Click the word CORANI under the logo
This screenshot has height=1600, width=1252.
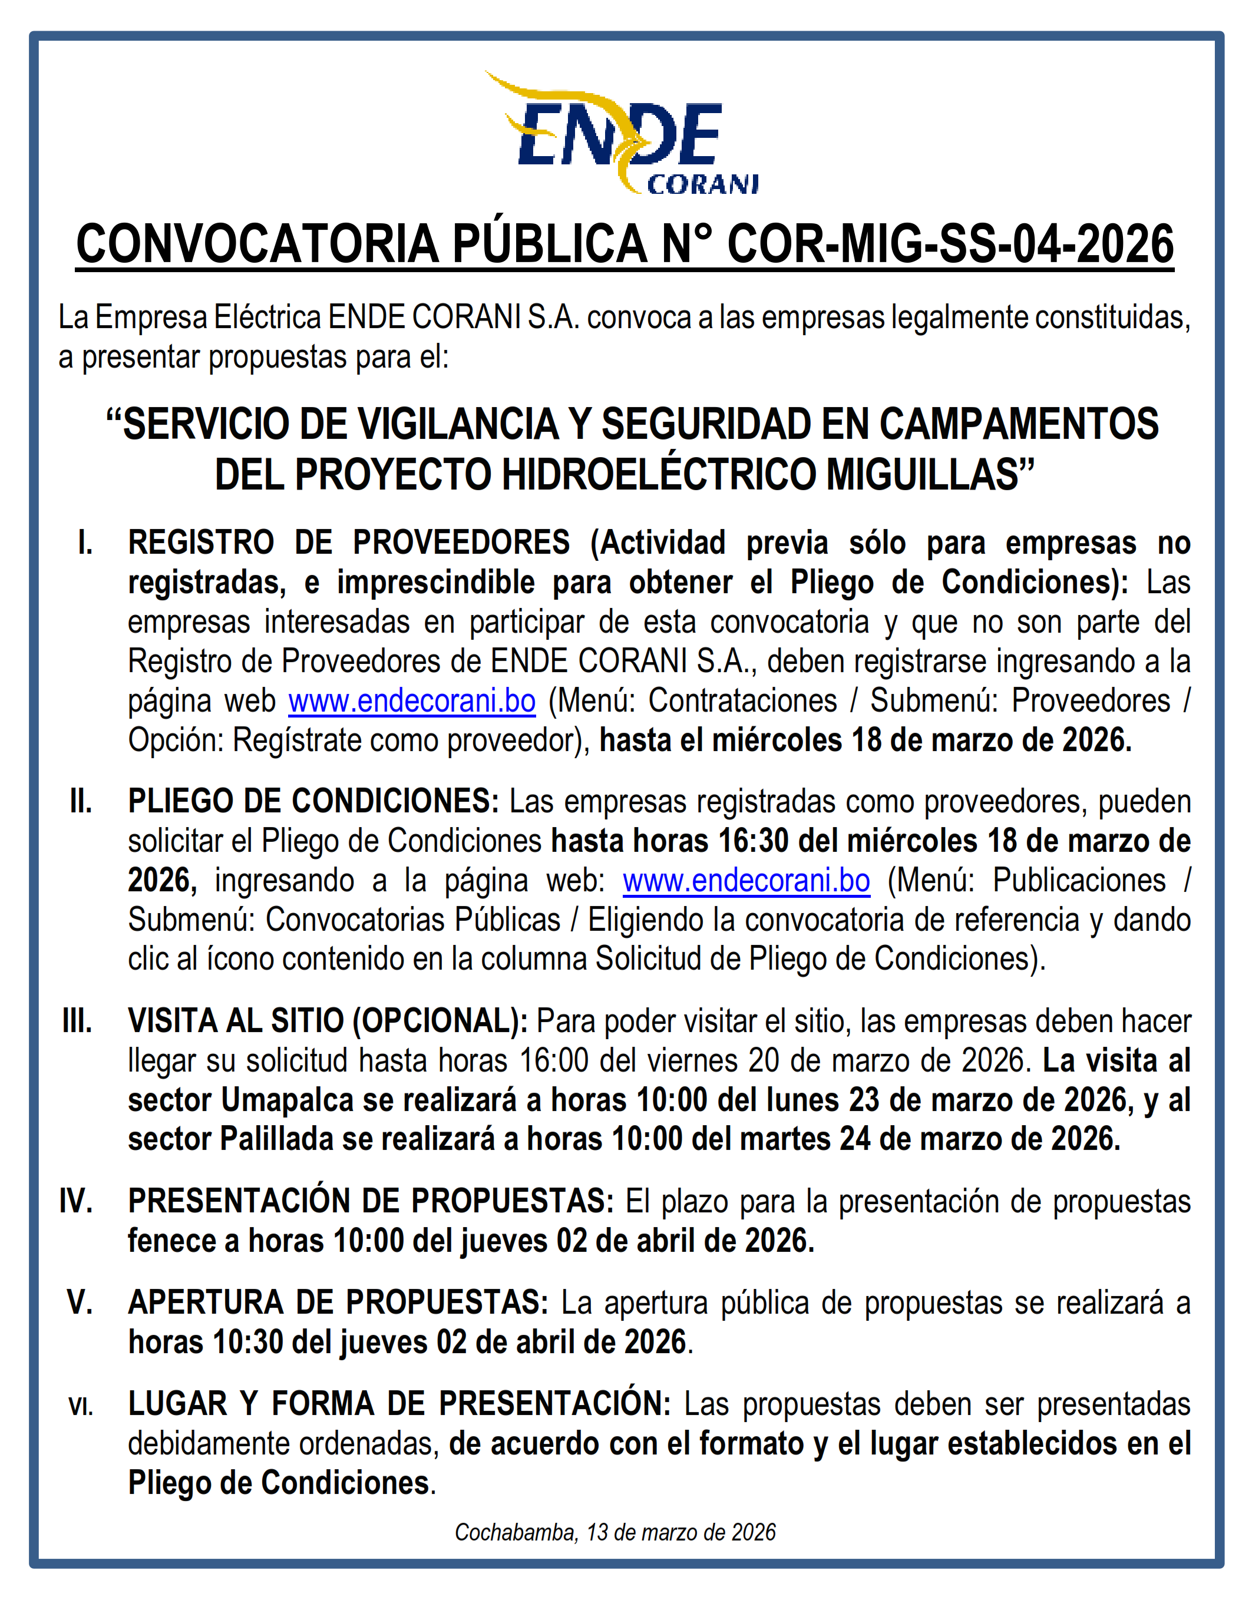coord(702,184)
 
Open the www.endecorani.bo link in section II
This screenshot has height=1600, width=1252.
coord(746,880)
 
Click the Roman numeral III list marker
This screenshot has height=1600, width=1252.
coord(78,1021)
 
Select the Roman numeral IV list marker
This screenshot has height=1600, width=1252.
coord(76,1201)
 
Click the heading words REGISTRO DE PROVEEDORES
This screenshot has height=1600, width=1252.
coord(348,543)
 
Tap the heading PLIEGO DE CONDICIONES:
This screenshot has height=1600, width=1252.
coord(313,802)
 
